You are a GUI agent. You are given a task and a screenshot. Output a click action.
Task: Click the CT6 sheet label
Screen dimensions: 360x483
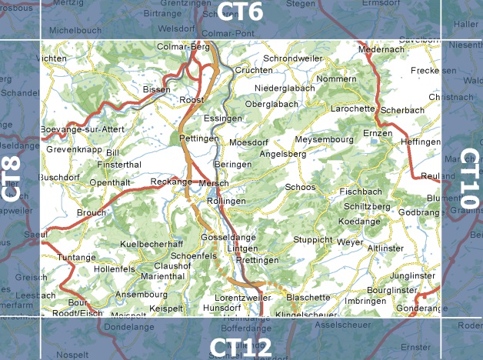point(240,12)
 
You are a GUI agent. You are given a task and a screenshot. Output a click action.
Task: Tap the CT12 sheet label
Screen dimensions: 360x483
point(240,347)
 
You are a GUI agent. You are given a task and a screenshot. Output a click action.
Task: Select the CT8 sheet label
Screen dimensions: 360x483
point(11,178)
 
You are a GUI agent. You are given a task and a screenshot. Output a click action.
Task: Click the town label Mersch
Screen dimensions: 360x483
point(213,183)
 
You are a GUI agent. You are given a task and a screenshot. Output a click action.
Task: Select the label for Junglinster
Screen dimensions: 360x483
point(412,275)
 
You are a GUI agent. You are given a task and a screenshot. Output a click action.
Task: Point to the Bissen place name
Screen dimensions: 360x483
point(156,90)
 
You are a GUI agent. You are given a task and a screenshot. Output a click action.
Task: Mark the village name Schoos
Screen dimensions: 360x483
point(300,187)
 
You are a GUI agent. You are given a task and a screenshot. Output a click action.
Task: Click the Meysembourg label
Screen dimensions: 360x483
point(324,139)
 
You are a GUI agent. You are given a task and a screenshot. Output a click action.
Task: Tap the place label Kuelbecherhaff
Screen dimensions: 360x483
point(152,244)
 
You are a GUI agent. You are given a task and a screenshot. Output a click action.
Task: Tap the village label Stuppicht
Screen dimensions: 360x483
point(312,240)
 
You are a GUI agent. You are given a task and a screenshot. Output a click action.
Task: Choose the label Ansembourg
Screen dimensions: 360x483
point(141,295)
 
